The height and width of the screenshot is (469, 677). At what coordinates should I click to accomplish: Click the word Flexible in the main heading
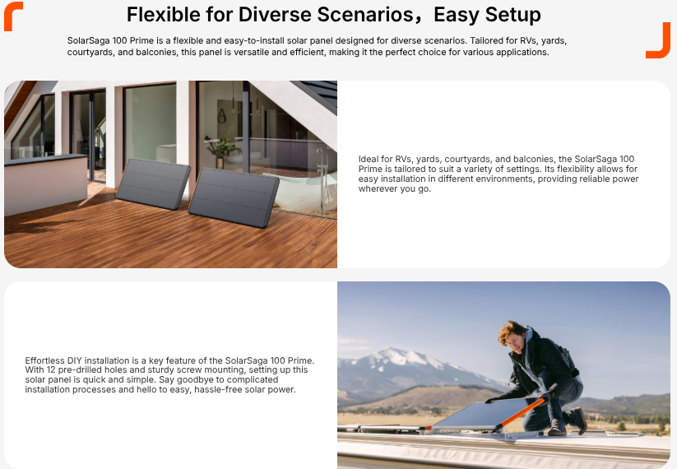(x=163, y=15)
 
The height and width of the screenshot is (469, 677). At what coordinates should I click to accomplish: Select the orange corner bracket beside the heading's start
(x=12, y=16)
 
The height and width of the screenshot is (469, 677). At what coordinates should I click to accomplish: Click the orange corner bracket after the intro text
(x=658, y=40)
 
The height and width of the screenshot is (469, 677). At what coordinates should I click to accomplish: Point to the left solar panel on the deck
(x=153, y=184)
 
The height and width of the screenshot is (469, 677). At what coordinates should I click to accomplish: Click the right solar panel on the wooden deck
(x=234, y=197)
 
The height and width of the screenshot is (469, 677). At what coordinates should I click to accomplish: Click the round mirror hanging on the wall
(x=221, y=116)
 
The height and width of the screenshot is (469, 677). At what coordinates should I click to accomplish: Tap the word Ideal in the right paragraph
(x=369, y=159)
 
